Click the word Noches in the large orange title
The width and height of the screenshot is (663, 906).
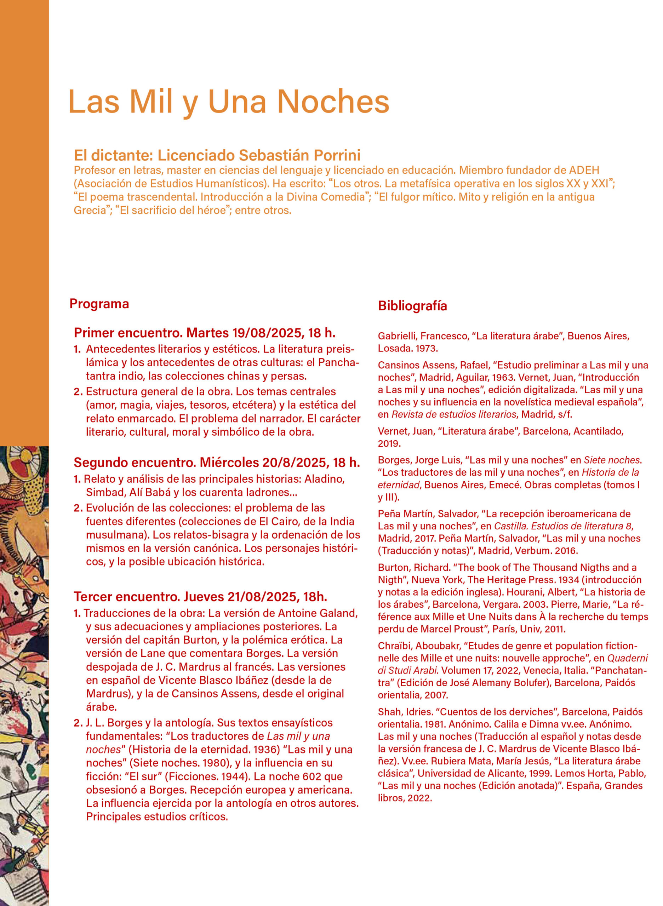pos(333,102)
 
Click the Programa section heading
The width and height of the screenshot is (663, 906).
pos(99,304)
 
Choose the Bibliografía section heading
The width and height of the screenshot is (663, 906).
pos(412,306)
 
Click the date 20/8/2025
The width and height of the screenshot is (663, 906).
pos(295,463)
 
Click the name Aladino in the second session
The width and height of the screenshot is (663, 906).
pos(324,479)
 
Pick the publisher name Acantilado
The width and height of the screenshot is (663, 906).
pos(598,431)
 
